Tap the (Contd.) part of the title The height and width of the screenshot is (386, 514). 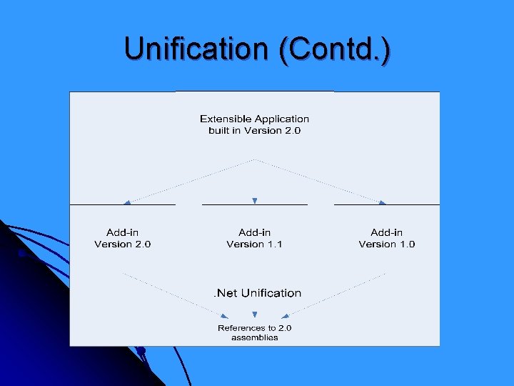[x=335, y=49]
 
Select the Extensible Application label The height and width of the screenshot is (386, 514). [x=254, y=119]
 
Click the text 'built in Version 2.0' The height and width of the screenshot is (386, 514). [x=254, y=131]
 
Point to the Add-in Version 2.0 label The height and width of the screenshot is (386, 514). [x=122, y=238]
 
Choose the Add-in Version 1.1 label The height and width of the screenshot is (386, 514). [x=254, y=238]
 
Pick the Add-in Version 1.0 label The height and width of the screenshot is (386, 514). [x=386, y=238]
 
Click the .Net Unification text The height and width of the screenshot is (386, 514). [x=257, y=293]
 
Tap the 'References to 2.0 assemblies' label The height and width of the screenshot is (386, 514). [x=254, y=332]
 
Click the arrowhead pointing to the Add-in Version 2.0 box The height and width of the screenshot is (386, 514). [x=127, y=202]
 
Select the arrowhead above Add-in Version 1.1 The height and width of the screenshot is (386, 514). [x=254, y=201]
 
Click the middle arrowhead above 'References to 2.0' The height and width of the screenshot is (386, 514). [x=254, y=315]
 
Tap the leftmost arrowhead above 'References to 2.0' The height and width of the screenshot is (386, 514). [x=225, y=315]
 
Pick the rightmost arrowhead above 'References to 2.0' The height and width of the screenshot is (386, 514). [x=285, y=315]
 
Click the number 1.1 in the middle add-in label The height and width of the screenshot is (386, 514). [x=275, y=244]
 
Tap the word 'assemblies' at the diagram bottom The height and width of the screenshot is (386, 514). [x=254, y=337]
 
